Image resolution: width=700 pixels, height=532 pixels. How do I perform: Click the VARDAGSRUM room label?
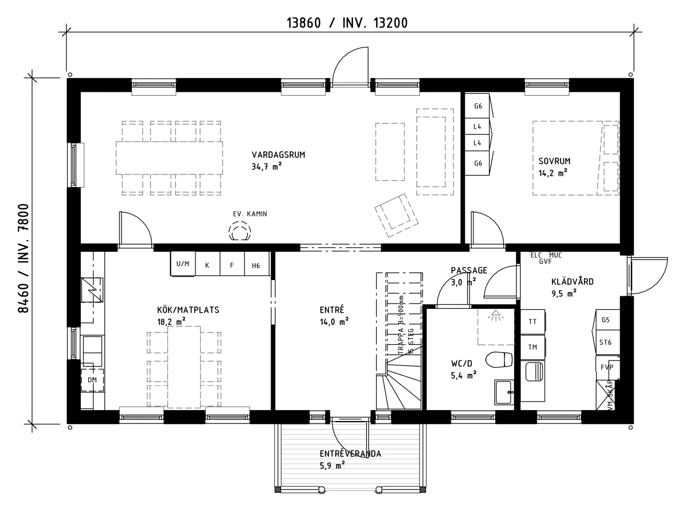[x=278, y=155]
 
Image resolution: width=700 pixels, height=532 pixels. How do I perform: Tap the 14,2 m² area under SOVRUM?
[x=553, y=173]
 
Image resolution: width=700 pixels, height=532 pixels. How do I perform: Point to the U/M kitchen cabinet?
[x=183, y=264]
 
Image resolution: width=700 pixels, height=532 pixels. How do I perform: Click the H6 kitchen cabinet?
[x=256, y=265]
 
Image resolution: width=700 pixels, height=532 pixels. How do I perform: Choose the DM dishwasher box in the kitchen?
[x=92, y=380]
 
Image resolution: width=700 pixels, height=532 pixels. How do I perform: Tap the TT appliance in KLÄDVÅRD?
[x=532, y=322]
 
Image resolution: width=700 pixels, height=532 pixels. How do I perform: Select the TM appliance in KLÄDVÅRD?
[x=532, y=347]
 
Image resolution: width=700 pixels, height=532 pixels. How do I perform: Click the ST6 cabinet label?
[x=605, y=342]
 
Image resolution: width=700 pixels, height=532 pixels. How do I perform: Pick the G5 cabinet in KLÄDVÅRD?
[x=606, y=320]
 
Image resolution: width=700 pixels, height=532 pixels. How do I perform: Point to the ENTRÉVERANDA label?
[x=350, y=454]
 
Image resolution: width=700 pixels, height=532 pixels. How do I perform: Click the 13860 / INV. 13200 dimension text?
[x=347, y=23]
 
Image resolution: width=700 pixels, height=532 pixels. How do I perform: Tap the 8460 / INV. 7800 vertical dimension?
[x=23, y=258]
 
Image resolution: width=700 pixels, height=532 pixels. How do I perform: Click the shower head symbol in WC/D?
[x=495, y=316]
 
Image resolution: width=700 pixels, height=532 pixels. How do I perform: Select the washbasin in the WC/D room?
[x=504, y=392]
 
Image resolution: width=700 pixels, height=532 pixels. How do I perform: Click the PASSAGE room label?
[x=469, y=271]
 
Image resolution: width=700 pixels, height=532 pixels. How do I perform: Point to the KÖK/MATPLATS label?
[x=188, y=310]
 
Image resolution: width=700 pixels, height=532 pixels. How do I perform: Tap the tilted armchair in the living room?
[x=396, y=215]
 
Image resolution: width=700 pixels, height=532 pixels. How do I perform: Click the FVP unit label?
[x=607, y=367]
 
